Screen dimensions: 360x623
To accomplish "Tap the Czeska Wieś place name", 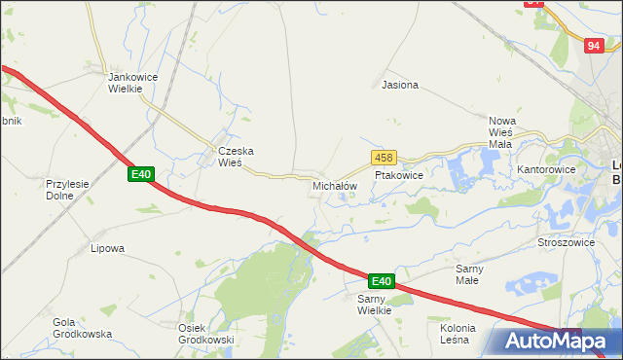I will click(236, 157).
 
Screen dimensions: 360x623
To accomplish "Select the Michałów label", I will click(335, 185).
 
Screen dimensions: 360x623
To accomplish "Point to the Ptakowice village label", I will click(398, 176).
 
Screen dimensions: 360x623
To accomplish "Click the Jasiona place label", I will click(400, 85).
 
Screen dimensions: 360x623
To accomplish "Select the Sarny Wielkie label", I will click(374, 305).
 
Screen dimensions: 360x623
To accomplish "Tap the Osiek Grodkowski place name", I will click(205, 334).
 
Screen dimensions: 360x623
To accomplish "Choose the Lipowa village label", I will click(107, 248).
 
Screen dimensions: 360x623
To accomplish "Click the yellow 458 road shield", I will click(383, 157).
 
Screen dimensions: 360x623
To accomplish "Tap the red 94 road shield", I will click(594, 46).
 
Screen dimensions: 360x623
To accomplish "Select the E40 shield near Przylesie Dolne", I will click(141, 174).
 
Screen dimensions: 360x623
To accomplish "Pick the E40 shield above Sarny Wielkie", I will click(381, 281).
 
